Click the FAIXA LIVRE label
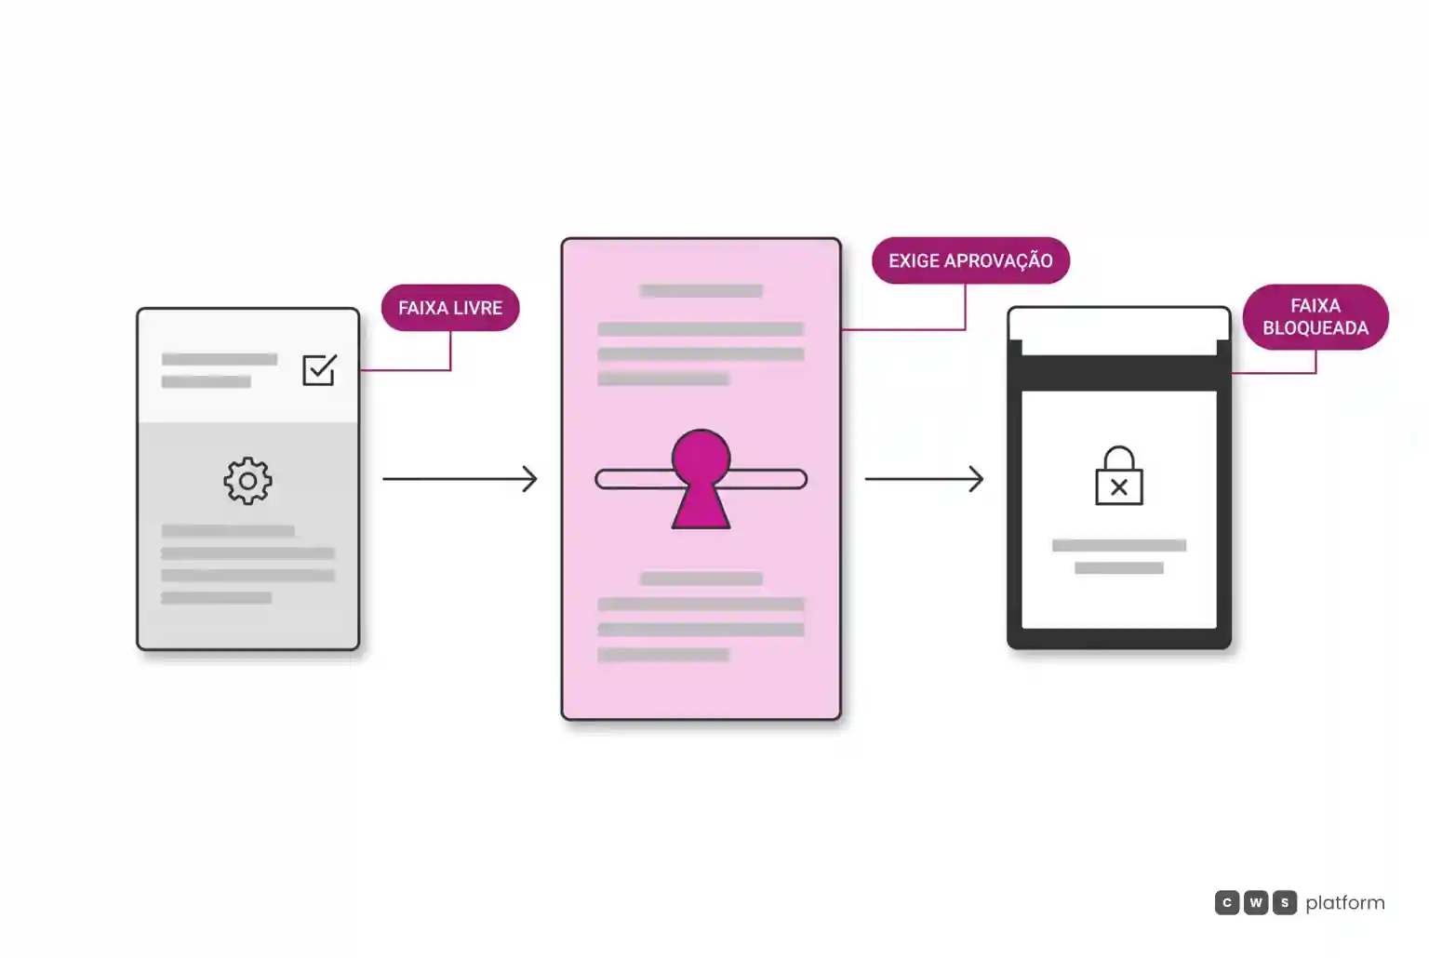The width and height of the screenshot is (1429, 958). [450, 308]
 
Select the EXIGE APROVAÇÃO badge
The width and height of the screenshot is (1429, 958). [970, 260]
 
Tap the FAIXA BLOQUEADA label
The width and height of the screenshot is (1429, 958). [1315, 316]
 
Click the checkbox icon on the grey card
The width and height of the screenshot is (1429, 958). [319, 369]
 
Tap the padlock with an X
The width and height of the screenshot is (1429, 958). [1119, 476]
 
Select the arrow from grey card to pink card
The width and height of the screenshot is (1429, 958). [460, 478]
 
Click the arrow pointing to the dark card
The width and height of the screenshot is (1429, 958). [925, 478]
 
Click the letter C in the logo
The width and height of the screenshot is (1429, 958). [1227, 902]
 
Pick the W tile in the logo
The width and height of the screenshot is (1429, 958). [1255, 902]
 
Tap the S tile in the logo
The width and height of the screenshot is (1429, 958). [1285, 902]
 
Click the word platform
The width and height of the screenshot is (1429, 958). [1344, 903]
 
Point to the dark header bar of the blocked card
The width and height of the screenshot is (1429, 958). [1119, 372]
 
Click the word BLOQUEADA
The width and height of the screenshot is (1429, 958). [1315, 327]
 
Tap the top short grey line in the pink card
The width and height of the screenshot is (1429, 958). [701, 291]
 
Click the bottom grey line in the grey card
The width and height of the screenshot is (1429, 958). [216, 598]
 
